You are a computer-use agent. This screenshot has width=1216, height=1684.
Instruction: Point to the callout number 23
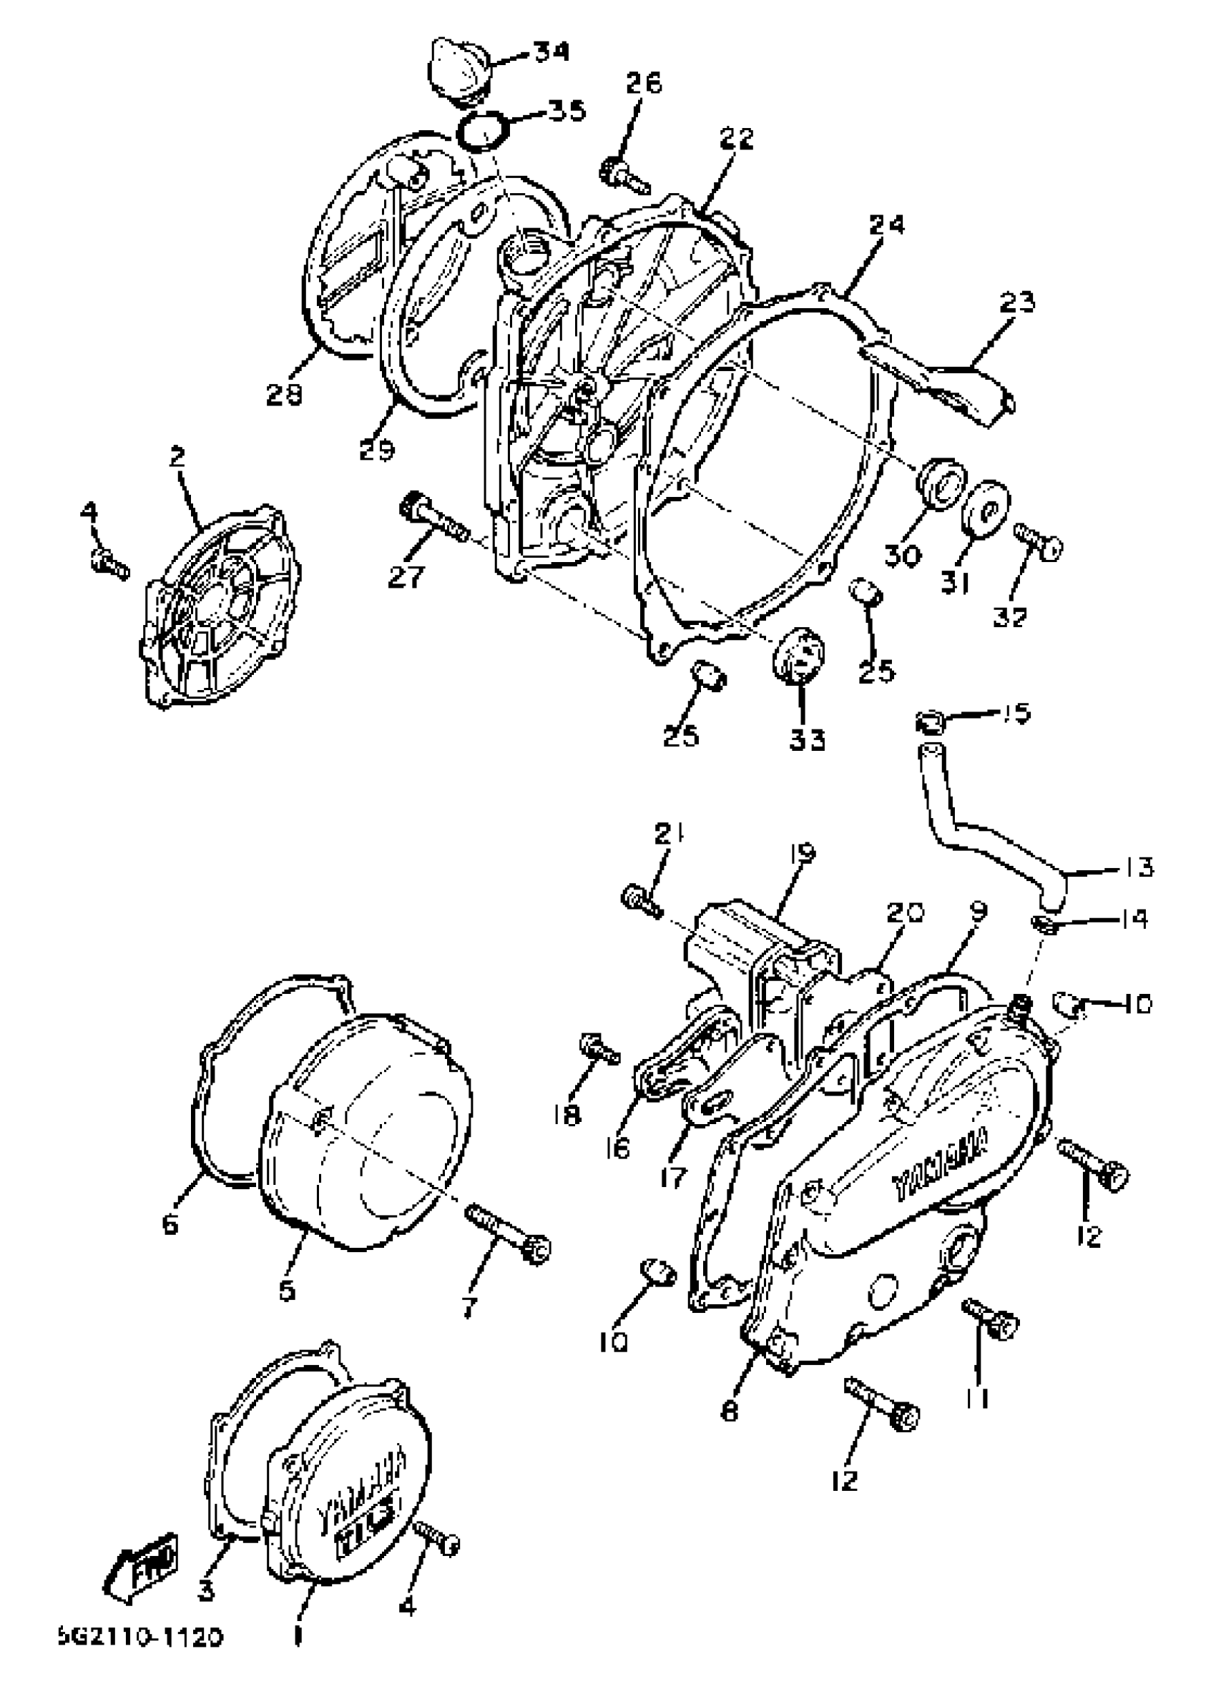pos(1016,304)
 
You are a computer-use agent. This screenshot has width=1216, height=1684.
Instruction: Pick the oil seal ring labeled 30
pos(942,483)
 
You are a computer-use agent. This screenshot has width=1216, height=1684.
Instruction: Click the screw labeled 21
pos(640,899)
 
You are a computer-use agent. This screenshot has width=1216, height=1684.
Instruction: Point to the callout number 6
pos(171,1224)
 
